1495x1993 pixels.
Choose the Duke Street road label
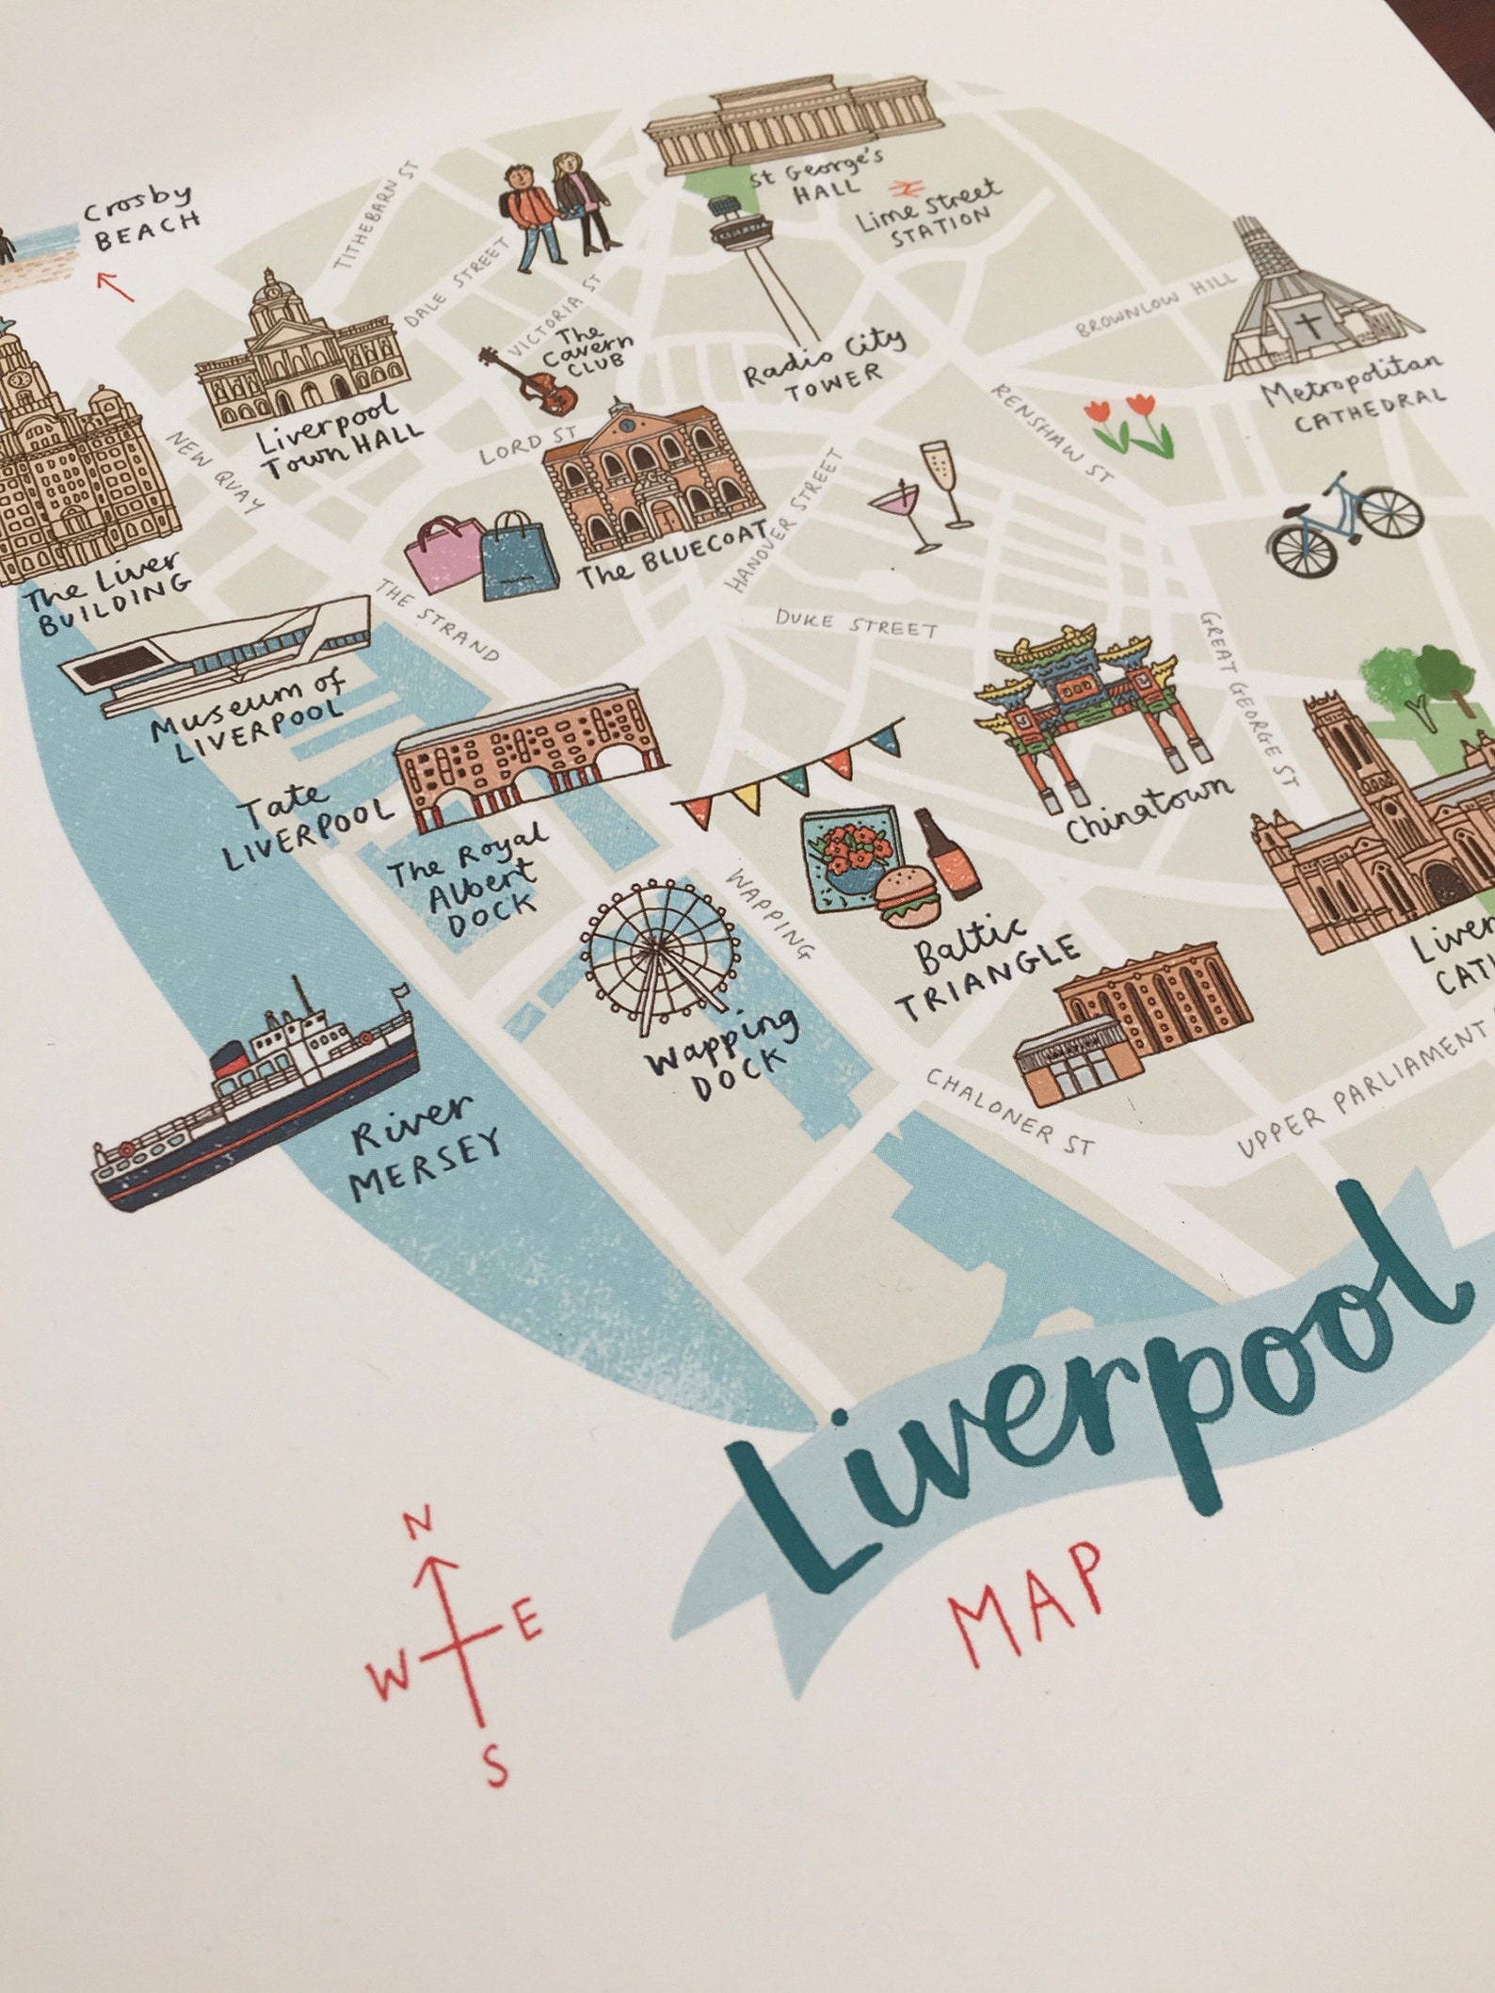(x=857, y=622)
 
